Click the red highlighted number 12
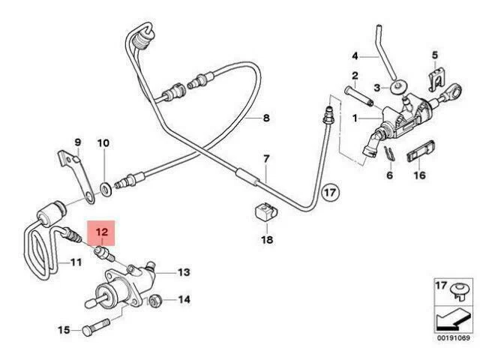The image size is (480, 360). [x=101, y=233]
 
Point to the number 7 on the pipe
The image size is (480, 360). [x=265, y=159]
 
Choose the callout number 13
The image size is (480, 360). [x=184, y=273]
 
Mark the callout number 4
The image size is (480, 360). [x=357, y=55]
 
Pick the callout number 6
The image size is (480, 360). [x=388, y=175]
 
